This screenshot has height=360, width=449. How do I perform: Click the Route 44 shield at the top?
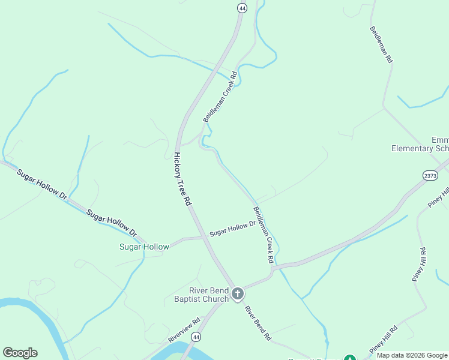[242, 8]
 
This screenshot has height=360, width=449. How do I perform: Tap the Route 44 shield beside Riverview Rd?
[196, 338]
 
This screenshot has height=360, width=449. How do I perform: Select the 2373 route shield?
[430, 175]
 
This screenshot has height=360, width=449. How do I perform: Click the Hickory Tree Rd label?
[182, 179]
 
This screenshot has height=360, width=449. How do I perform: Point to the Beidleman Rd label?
[381, 45]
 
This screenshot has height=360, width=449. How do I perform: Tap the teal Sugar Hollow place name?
[144, 247]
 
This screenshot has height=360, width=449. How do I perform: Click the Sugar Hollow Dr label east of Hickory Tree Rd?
[233, 228]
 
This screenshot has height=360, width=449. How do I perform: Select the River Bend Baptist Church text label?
[201, 295]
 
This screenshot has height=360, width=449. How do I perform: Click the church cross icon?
[238, 293]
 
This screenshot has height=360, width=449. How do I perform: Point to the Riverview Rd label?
[184, 330]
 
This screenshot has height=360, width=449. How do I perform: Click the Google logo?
[20, 353]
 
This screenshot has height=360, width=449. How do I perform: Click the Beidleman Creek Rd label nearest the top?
[220, 97]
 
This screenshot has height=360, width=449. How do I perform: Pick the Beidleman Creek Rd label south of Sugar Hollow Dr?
[264, 235]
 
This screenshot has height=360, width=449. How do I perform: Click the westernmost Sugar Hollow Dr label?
[42, 184]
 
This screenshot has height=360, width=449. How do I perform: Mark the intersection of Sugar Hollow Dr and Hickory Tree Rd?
[203, 238]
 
